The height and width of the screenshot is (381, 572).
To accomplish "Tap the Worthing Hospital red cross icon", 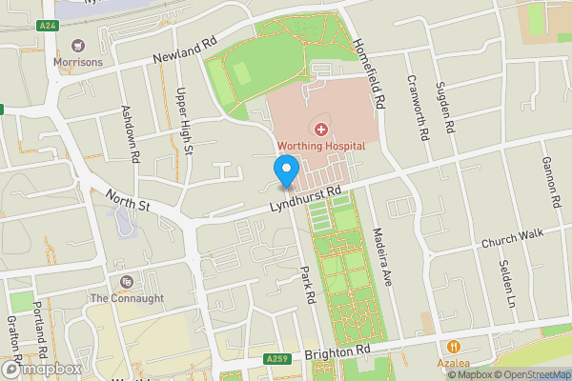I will [320, 129].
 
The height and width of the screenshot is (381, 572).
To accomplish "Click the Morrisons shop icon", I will [78, 45].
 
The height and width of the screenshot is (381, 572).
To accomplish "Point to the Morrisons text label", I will [78, 62].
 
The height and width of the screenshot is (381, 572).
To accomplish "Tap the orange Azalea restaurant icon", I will [454, 348].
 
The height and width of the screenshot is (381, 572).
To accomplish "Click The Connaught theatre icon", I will [127, 282].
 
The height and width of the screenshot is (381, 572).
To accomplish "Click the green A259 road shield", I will [277, 359].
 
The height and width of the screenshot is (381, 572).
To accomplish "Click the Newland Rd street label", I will [186, 53].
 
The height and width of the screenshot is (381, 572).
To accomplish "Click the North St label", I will [128, 198].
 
